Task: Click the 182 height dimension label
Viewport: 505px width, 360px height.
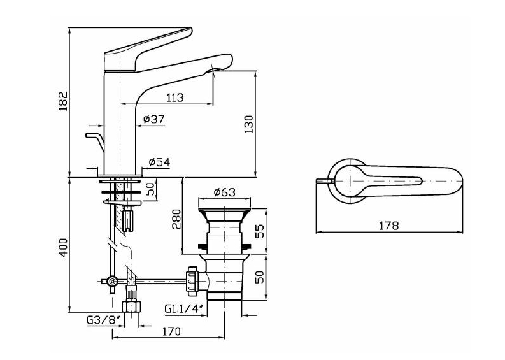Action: [x=63, y=101]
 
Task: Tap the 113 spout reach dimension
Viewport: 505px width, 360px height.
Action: [x=175, y=97]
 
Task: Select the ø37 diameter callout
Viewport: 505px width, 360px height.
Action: [x=153, y=119]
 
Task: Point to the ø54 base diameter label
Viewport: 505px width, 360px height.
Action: [x=159, y=162]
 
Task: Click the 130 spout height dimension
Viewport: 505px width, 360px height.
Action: [x=248, y=124]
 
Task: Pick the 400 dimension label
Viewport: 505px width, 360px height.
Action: [x=64, y=247]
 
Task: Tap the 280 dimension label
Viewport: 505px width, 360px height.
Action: [x=176, y=219]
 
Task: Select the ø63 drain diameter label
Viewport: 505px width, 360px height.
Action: [x=225, y=192]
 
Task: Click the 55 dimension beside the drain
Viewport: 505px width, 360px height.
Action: [x=259, y=231]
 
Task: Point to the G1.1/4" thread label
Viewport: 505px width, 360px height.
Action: [x=185, y=308]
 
